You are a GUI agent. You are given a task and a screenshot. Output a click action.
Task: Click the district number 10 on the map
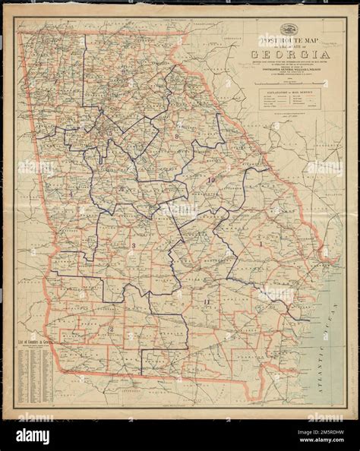point(210,179)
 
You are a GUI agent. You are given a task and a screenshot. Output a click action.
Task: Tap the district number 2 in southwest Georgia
point(110,328)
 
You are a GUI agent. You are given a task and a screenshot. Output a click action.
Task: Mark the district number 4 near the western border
point(71,194)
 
